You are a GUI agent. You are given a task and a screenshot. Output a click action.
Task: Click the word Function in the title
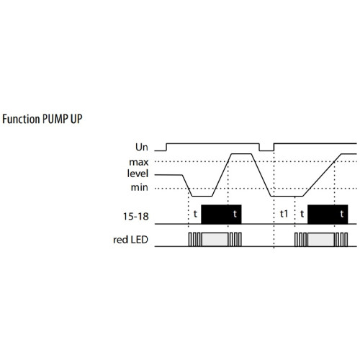pos(21,119)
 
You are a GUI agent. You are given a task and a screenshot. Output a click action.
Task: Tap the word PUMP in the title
pos(55,119)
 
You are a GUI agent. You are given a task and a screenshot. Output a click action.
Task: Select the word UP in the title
pos(76,119)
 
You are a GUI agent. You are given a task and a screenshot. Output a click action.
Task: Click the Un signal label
pos(142,147)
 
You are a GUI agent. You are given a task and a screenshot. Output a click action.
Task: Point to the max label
pos(139,162)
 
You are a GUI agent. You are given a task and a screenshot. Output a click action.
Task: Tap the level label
pos(138,174)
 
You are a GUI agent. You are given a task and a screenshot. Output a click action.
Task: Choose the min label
pos(139,187)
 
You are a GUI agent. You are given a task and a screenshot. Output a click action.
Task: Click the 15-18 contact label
pos(136,217)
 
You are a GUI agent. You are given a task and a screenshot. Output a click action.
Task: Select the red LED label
pos(130,240)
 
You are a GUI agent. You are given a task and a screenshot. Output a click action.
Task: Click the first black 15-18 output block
pos(221,215)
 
